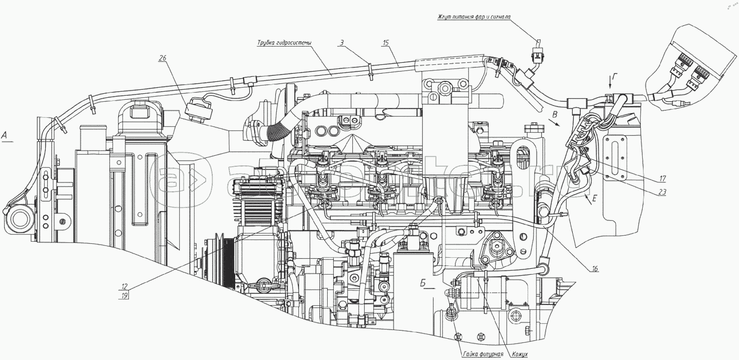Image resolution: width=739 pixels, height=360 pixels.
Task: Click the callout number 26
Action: click(x=163, y=58)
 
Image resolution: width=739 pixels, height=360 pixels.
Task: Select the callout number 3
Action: click(x=342, y=42)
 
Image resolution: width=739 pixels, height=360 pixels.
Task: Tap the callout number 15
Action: click(x=386, y=42)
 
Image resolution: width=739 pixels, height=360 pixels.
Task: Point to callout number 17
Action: click(x=662, y=179)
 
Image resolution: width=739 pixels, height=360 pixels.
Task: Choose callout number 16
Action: click(x=594, y=269)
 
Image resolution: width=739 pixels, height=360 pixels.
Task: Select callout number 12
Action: click(x=125, y=286)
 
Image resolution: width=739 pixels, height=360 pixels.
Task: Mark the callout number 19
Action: click(x=125, y=295)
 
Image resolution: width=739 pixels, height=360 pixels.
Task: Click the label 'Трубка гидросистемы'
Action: click(x=285, y=42)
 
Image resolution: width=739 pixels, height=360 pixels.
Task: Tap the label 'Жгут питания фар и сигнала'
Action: click(x=474, y=17)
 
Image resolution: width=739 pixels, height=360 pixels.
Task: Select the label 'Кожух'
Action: click(x=519, y=354)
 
